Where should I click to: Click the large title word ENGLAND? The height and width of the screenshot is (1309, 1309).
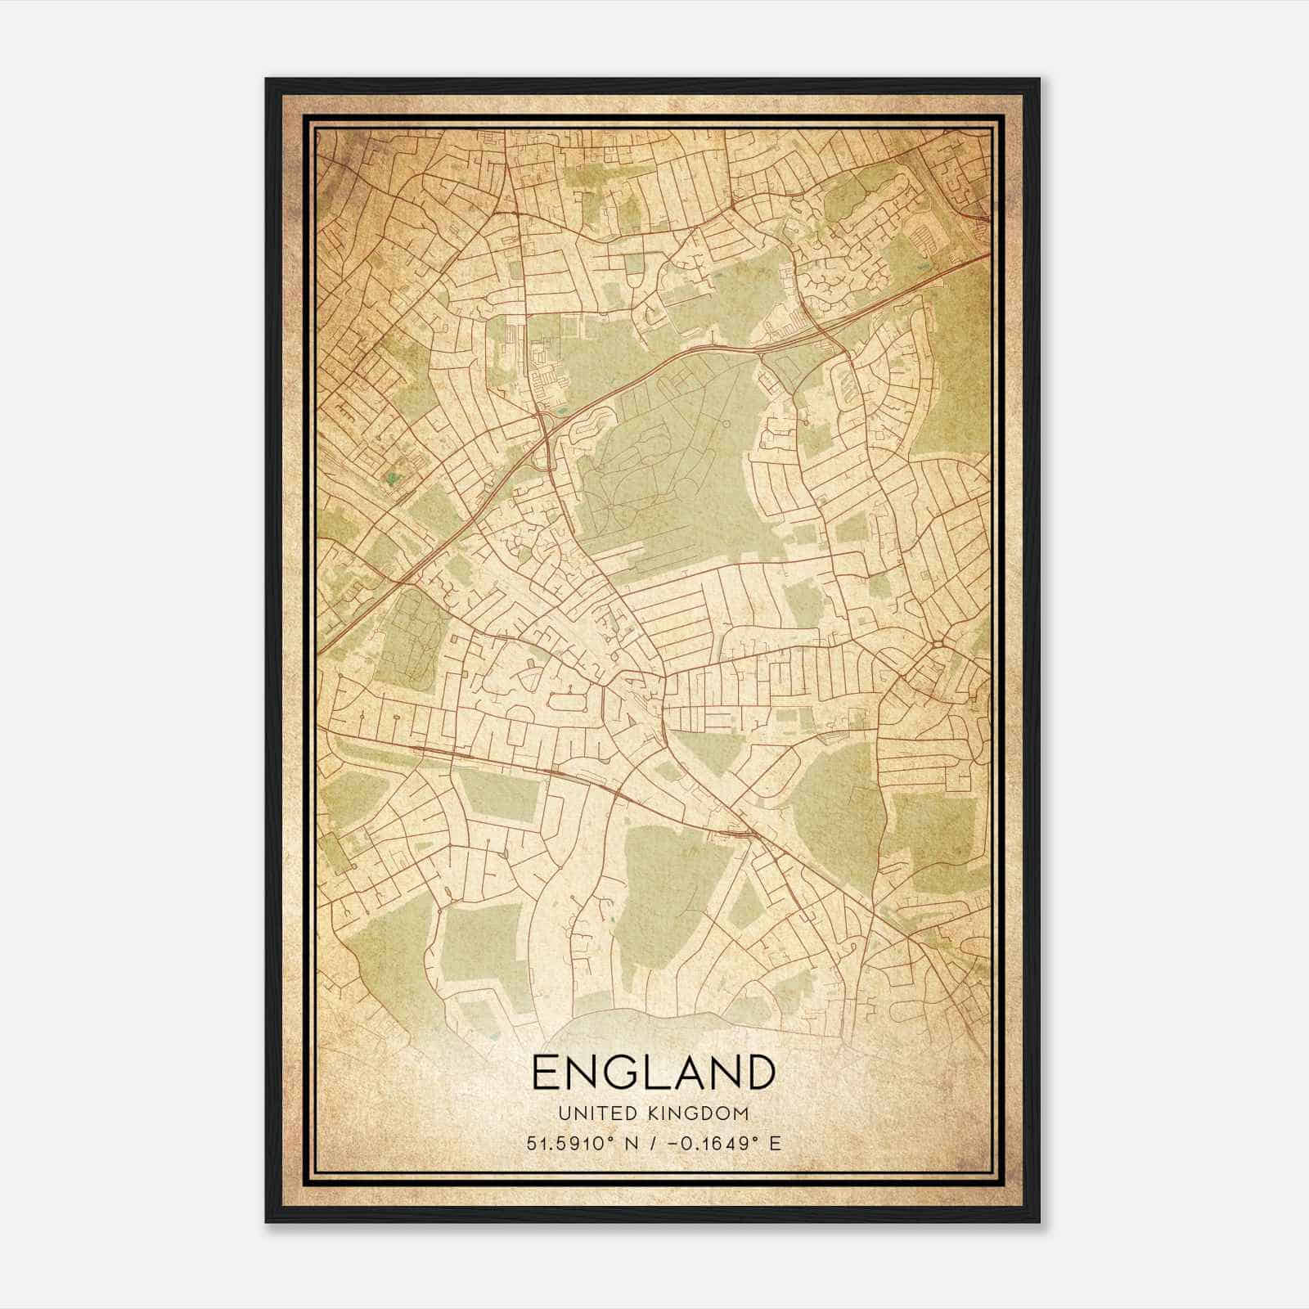point(654,1073)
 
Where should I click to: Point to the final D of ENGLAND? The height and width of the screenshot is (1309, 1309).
point(758,1073)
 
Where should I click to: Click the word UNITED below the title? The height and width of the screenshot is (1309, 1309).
point(590,1113)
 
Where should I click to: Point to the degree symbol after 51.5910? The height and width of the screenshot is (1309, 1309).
point(610,1138)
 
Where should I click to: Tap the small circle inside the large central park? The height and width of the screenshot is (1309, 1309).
point(726,425)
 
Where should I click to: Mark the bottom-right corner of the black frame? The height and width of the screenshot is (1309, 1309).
point(1039,1221)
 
